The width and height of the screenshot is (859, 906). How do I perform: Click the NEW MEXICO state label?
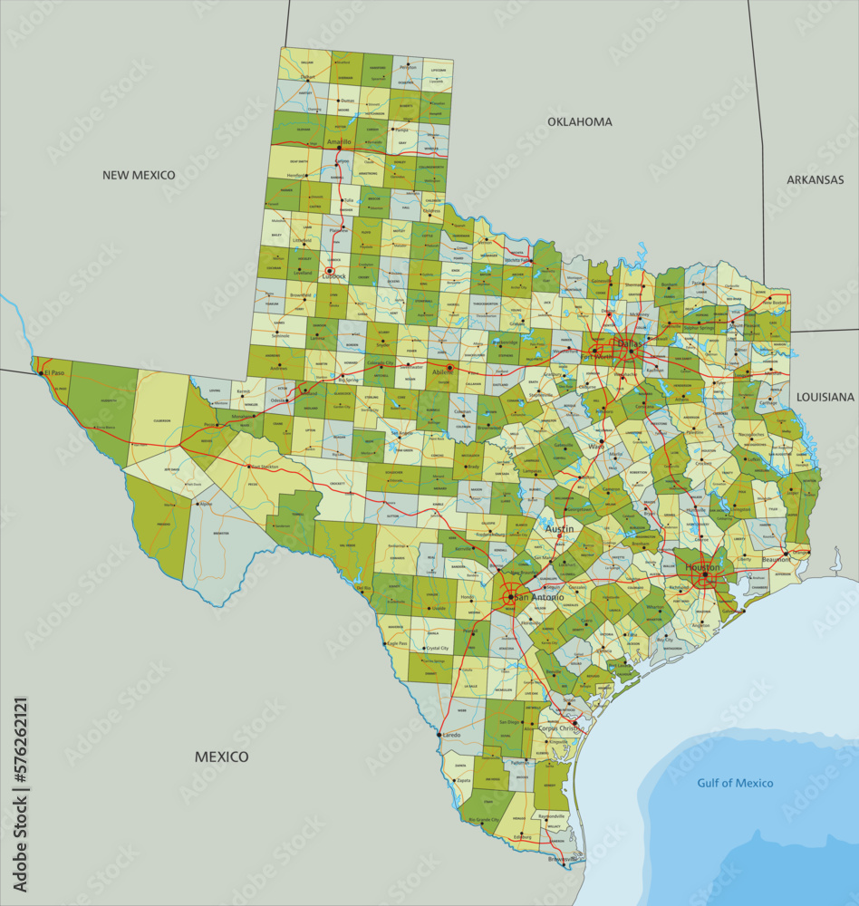139,175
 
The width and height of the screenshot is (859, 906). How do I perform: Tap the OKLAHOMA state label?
579,121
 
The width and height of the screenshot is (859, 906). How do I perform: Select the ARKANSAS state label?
815,179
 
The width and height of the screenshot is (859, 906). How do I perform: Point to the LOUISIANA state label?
825,397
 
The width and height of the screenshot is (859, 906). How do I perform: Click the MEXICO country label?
221,757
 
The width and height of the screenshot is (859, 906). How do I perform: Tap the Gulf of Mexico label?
735,783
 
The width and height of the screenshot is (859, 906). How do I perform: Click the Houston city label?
703,567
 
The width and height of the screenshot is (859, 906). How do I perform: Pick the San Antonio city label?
538,598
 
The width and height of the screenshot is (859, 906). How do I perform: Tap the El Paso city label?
54,372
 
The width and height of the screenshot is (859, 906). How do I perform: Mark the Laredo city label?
450,735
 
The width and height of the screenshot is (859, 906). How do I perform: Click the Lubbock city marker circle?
330,270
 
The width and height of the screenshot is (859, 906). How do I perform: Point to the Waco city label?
594,446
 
